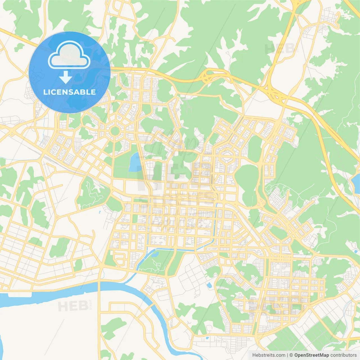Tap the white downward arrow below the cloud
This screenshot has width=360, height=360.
coord(66,77)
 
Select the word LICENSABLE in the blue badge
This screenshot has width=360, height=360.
coord(69,92)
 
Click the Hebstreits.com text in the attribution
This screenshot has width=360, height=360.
coord(269,355)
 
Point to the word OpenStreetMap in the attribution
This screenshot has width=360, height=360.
coord(311,355)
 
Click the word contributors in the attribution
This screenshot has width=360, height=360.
coord(343,355)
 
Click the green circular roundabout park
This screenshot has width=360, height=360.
coord(115,131)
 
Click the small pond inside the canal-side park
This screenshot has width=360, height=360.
coord(155,254)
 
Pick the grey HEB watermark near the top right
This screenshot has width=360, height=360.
coord(280,49)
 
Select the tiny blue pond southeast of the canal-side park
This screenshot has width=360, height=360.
coord(209,285)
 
